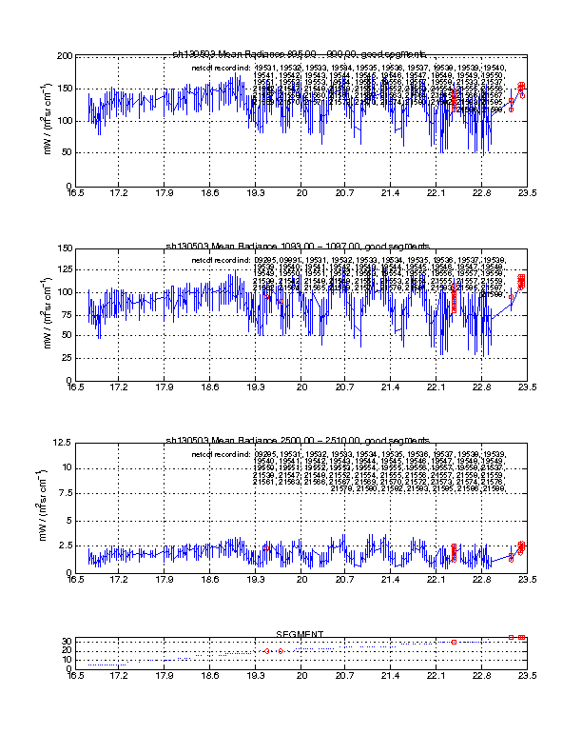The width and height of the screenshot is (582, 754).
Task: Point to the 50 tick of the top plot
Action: tap(64, 153)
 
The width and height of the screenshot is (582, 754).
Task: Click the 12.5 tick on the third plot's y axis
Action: tap(60, 443)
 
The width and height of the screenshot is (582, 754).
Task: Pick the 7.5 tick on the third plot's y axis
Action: tap(63, 494)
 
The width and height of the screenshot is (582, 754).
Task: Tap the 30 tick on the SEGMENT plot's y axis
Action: tap(64, 641)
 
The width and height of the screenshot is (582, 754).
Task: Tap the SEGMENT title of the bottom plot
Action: tap(300, 634)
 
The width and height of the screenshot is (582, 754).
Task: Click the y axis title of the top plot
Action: tap(44, 121)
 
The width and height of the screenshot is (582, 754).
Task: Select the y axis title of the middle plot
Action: tap(44, 314)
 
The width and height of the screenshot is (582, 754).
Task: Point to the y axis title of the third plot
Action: tap(42, 506)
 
